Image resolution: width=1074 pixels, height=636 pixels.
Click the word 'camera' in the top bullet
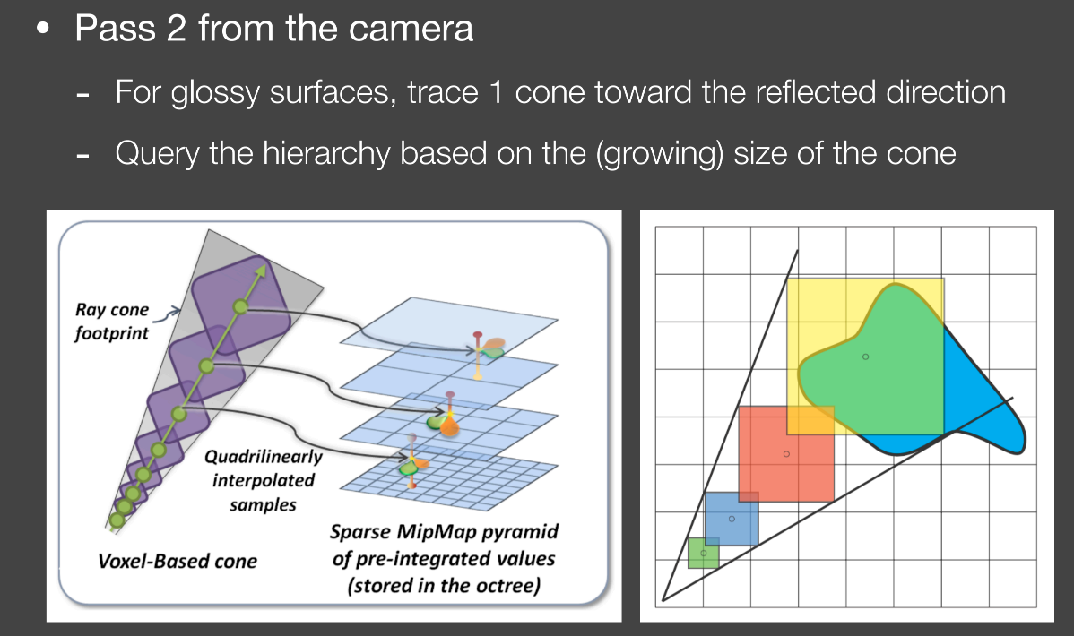tap(411, 29)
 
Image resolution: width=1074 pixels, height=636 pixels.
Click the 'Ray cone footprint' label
tap(112, 321)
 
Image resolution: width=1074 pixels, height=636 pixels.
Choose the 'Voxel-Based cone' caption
tap(178, 561)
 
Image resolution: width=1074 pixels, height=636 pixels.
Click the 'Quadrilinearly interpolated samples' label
tap(263, 481)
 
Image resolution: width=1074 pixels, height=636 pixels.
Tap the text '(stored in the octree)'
tap(444, 586)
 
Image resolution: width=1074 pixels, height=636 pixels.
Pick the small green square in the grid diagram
tap(704, 554)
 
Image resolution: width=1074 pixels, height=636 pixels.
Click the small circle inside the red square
tap(786, 454)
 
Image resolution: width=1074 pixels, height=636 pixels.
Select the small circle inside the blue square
tap(732, 519)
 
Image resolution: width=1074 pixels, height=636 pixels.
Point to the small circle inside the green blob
tap(866, 357)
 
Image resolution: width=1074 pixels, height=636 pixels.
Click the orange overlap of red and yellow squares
tap(810, 420)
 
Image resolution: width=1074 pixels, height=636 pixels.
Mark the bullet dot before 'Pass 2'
tap(44, 29)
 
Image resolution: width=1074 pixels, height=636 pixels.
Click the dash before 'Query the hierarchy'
tap(82, 156)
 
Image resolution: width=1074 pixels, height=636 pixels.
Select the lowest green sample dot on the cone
tap(117, 520)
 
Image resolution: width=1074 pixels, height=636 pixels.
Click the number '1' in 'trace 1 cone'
tap(497, 92)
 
